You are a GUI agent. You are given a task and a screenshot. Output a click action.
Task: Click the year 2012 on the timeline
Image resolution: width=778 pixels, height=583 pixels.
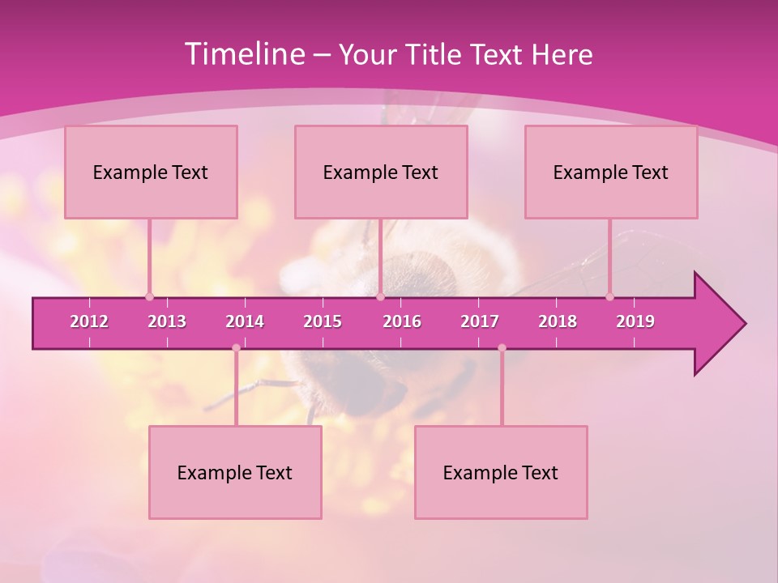point(89,321)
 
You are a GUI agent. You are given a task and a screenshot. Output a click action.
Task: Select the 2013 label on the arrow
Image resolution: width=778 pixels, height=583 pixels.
point(167,321)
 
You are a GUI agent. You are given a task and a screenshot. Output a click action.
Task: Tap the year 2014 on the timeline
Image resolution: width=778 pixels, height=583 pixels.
point(245,321)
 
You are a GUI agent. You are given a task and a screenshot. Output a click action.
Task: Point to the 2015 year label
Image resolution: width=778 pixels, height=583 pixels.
point(323,321)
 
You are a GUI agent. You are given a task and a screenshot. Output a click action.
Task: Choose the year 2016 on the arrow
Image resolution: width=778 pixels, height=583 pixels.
point(402,321)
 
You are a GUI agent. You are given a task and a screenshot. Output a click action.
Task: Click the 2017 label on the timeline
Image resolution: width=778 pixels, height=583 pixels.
point(480,321)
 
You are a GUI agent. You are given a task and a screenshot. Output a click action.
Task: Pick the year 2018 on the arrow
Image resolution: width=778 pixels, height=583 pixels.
point(558,321)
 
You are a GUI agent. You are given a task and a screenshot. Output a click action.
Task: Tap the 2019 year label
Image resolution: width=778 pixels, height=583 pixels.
point(635,321)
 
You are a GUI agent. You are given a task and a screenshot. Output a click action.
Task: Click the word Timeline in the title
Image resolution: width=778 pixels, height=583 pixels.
point(243,54)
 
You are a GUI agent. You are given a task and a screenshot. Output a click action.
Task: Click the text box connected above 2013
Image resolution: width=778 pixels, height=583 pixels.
point(151,172)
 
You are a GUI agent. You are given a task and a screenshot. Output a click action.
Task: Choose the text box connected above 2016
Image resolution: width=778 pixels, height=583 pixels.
point(381,172)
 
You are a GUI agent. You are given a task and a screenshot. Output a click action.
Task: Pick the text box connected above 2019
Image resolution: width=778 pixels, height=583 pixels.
point(611,172)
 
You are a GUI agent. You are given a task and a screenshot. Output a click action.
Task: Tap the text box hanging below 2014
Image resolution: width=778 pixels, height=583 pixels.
point(235,472)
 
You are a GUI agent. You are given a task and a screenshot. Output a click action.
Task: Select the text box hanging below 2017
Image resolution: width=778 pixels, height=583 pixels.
point(501,472)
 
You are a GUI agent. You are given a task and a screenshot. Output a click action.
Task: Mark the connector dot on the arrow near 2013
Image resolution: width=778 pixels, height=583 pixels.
point(149,296)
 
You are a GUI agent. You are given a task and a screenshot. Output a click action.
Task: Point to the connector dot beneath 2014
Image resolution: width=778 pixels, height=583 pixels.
point(236,348)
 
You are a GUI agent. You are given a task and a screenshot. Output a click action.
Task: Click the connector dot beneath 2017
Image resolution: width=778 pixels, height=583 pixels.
point(502,348)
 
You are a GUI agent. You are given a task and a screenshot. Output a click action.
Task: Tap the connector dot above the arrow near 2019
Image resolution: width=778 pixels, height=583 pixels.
point(609,296)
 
